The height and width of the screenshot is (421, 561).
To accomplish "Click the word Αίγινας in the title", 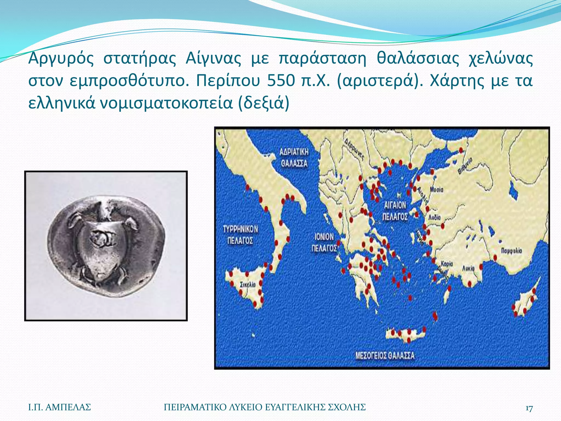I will click(x=213, y=58).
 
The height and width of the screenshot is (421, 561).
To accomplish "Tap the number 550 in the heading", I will click(x=281, y=81).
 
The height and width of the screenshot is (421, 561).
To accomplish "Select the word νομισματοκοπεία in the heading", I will click(x=166, y=103).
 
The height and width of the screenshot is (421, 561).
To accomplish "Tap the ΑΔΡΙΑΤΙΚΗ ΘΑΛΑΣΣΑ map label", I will click(x=294, y=158).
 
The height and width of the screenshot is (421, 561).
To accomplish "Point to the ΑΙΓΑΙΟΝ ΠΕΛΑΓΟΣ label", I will click(x=395, y=211).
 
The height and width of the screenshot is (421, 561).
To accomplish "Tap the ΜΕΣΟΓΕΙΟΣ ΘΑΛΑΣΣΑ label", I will click(x=385, y=356).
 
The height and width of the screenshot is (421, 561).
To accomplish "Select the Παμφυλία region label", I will click(x=511, y=251).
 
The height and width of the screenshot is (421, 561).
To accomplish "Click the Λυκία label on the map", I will click(x=468, y=268).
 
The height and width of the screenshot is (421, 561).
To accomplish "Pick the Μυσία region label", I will click(x=436, y=189).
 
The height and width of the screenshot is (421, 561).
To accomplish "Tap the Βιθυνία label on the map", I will click(x=465, y=166).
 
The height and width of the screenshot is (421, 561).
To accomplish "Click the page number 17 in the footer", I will click(x=529, y=408).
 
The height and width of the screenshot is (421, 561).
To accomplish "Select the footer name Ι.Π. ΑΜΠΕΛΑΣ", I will click(x=59, y=407).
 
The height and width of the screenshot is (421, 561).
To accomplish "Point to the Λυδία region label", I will click(x=434, y=217).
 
